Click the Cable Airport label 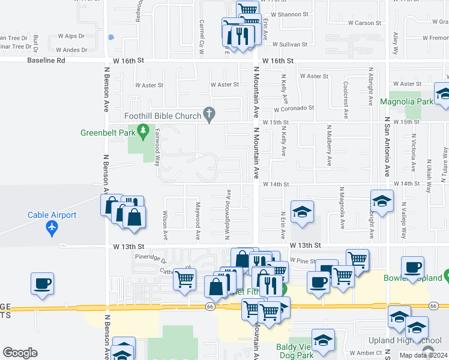(52, 215)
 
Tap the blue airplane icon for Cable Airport (52, 228)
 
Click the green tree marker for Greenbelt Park (143, 130)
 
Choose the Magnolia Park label (406, 101)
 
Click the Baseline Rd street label (46, 61)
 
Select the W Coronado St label (294, 109)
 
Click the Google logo (20, 353)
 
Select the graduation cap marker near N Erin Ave (302, 211)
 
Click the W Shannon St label (288, 14)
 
